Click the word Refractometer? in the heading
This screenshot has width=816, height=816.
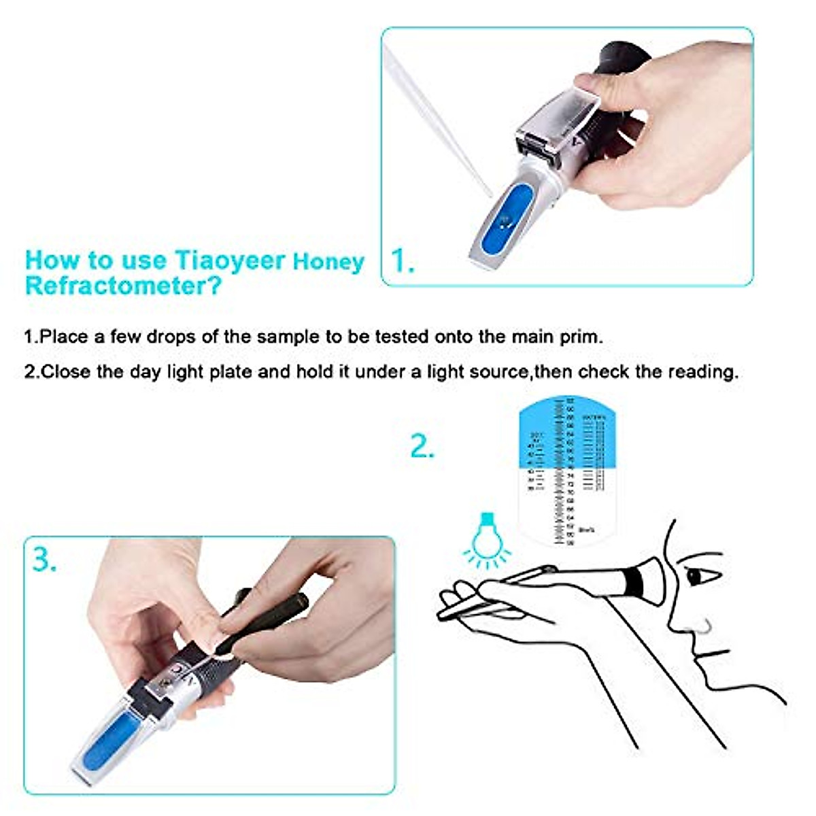pyautogui.click(x=123, y=286)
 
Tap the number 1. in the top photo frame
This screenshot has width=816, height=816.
pyautogui.click(x=403, y=261)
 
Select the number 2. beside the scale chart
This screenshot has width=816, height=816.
pyautogui.click(x=422, y=447)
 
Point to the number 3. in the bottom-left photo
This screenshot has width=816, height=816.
pyautogui.click(x=45, y=560)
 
